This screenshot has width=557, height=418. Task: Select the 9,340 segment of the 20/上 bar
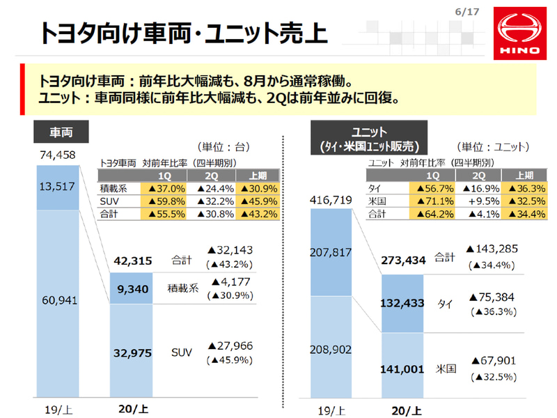tap(132, 288)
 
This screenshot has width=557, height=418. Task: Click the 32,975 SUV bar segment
tap(132, 353)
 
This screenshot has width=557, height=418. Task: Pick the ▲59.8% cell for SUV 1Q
tap(164, 201)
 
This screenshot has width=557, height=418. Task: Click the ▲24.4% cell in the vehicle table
tap(213, 188)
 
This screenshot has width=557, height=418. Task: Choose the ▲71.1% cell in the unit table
tap(432, 201)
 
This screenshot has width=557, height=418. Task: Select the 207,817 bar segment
tap(332, 252)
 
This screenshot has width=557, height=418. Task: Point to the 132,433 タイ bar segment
tap(402, 304)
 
